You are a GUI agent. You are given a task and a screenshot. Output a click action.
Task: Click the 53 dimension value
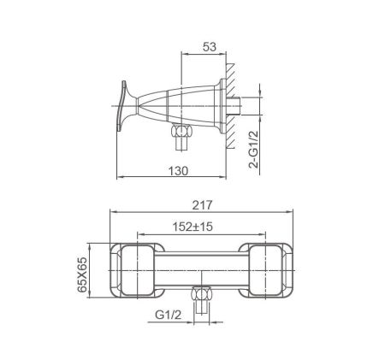pos(210,47)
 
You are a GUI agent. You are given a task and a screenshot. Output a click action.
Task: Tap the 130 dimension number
pos(178,171)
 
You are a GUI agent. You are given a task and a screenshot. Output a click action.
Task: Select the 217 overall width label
pos(202,205)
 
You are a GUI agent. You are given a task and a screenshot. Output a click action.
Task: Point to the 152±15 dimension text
pos(192,227)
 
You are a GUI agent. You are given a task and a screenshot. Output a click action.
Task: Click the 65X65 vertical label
pos(82,274)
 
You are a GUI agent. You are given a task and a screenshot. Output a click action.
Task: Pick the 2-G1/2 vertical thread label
pos(253,149)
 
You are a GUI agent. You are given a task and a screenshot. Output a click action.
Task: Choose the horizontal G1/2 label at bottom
pos(169,315)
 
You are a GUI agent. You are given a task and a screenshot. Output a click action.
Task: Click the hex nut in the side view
pos(181,131)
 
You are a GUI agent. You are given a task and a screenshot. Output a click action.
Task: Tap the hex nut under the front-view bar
pos(201,293)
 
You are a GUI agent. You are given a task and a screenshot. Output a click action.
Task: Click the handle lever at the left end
pos(122,106)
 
